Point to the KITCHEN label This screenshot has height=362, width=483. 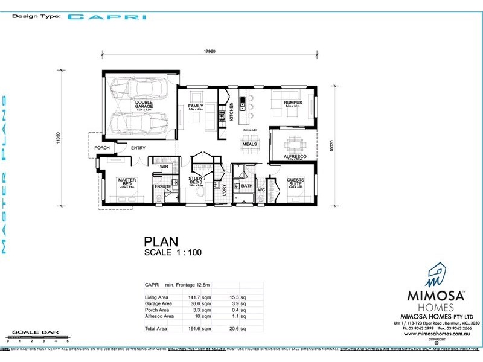[x=231, y=113]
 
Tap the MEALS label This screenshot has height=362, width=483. [x=250, y=145]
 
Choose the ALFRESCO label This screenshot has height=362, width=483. [x=295, y=156]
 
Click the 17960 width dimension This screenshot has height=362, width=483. [x=210, y=51]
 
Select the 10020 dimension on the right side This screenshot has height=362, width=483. [x=342, y=145]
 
